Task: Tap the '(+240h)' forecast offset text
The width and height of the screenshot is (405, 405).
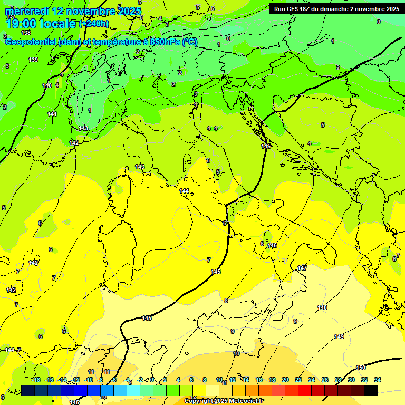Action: pos(94,24)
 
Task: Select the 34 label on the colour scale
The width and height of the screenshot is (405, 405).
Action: pos(378,380)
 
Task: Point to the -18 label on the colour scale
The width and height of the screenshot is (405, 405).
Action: pos(36,380)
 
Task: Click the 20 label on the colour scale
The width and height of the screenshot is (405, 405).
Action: pos(285,380)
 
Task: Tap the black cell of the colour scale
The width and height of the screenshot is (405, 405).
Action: pos(371,390)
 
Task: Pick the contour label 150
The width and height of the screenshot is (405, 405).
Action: pos(361,368)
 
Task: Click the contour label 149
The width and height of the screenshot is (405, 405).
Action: pos(339,336)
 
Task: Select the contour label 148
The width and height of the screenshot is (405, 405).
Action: pos(322,307)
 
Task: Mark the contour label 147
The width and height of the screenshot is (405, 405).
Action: pos(302,268)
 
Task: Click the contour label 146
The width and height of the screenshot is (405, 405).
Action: pos(272,245)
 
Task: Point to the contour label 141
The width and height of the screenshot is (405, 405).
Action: pos(52,114)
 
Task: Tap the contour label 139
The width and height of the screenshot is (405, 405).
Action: pos(33,60)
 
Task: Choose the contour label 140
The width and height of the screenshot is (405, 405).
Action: pos(47,85)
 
